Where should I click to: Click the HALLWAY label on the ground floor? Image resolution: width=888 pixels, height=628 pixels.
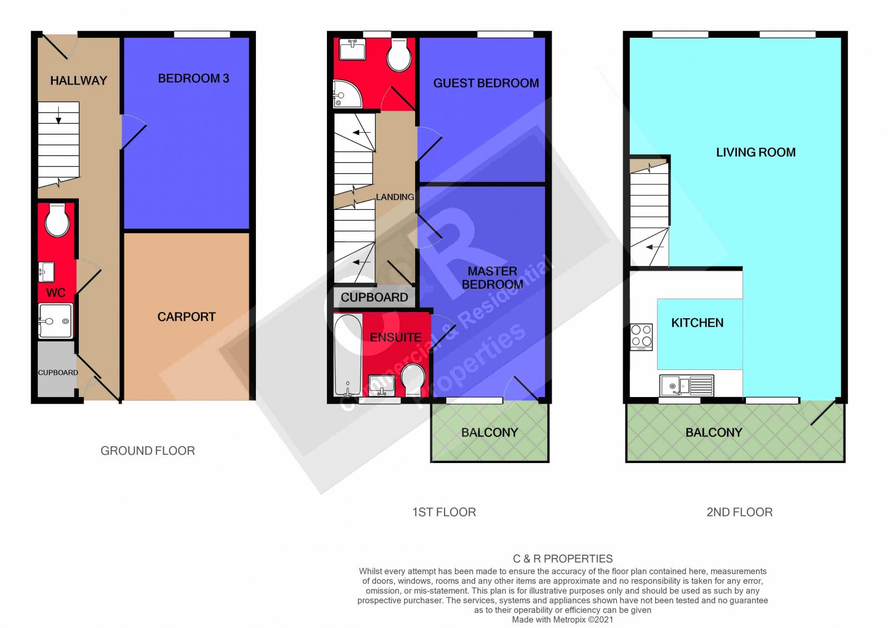(x=78, y=81)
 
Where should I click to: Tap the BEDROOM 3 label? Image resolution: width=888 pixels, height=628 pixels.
(x=194, y=78)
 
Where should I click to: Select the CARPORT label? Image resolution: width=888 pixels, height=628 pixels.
(x=186, y=316)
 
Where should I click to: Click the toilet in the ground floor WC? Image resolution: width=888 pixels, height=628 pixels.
(x=57, y=220)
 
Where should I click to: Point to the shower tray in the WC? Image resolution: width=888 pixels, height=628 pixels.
(x=56, y=321)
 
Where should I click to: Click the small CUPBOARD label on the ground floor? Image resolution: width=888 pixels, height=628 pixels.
(x=58, y=373)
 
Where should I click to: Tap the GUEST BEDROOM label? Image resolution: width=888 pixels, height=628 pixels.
(x=486, y=83)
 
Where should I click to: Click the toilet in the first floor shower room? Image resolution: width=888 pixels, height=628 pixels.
(x=399, y=55)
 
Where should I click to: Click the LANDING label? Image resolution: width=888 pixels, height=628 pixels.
(x=395, y=197)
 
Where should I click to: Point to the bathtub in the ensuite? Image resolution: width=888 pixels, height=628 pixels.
(x=347, y=355)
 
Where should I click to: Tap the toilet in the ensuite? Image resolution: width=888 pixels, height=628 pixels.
(x=413, y=380)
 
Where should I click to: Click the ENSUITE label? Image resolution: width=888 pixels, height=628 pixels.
(x=396, y=337)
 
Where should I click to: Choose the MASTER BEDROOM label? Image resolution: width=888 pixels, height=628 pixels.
(x=492, y=278)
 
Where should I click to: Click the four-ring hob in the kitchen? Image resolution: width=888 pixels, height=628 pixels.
(x=641, y=337)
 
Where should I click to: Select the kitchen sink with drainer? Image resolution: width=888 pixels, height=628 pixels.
(x=687, y=385)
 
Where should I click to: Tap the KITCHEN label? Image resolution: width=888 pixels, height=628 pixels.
(x=697, y=323)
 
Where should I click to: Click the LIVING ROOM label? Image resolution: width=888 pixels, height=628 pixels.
(x=755, y=152)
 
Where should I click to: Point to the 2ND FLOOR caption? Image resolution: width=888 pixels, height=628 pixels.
(x=739, y=512)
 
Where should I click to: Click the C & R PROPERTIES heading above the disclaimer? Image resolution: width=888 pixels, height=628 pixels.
(x=563, y=559)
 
